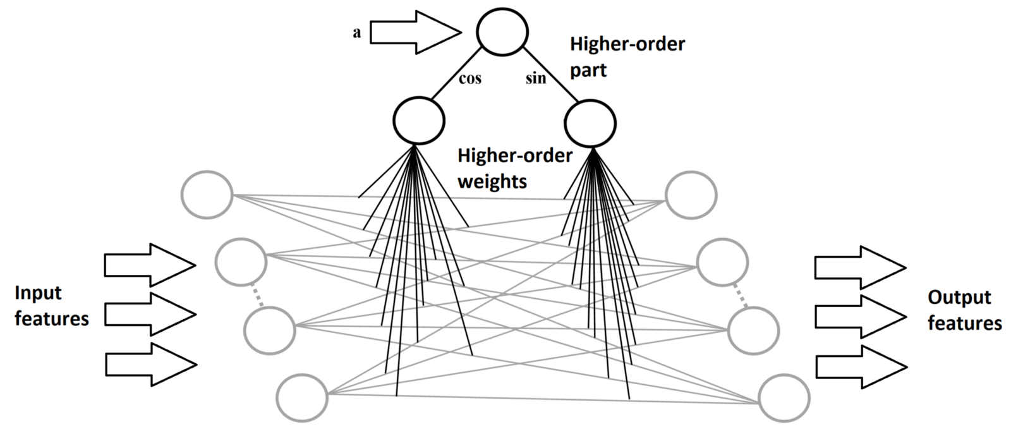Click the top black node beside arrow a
[x=502, y=30]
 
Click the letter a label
[x=357, y=33]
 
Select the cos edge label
[x=469, y=78]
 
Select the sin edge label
[x=536, y=79]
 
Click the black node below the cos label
[x=419, y=120]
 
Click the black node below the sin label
[x=590, y=124]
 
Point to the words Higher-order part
[x=627, y=57]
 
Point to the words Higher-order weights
[x=514, y=169]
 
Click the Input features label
[x=51, y=306]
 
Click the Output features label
[x=964, y=310]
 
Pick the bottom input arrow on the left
[x=150, y=364]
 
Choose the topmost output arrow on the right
[x=859, y=267]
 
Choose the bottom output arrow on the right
[x=861, y=366]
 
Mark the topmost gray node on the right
[x=691, y=196]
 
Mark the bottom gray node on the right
[x=784, y=399]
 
